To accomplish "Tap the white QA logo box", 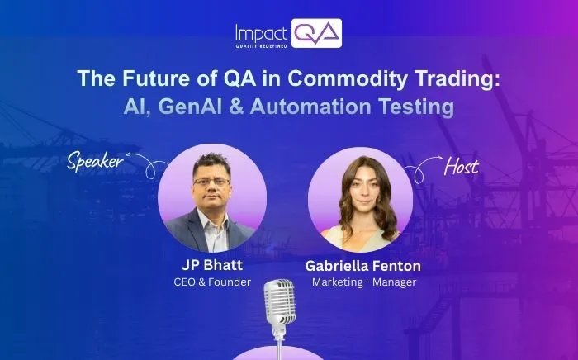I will click(316, 33).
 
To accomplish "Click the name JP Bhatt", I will click(211, 266).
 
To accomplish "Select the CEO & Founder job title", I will click(211, 282).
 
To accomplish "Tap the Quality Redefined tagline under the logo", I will click(259, 46).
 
